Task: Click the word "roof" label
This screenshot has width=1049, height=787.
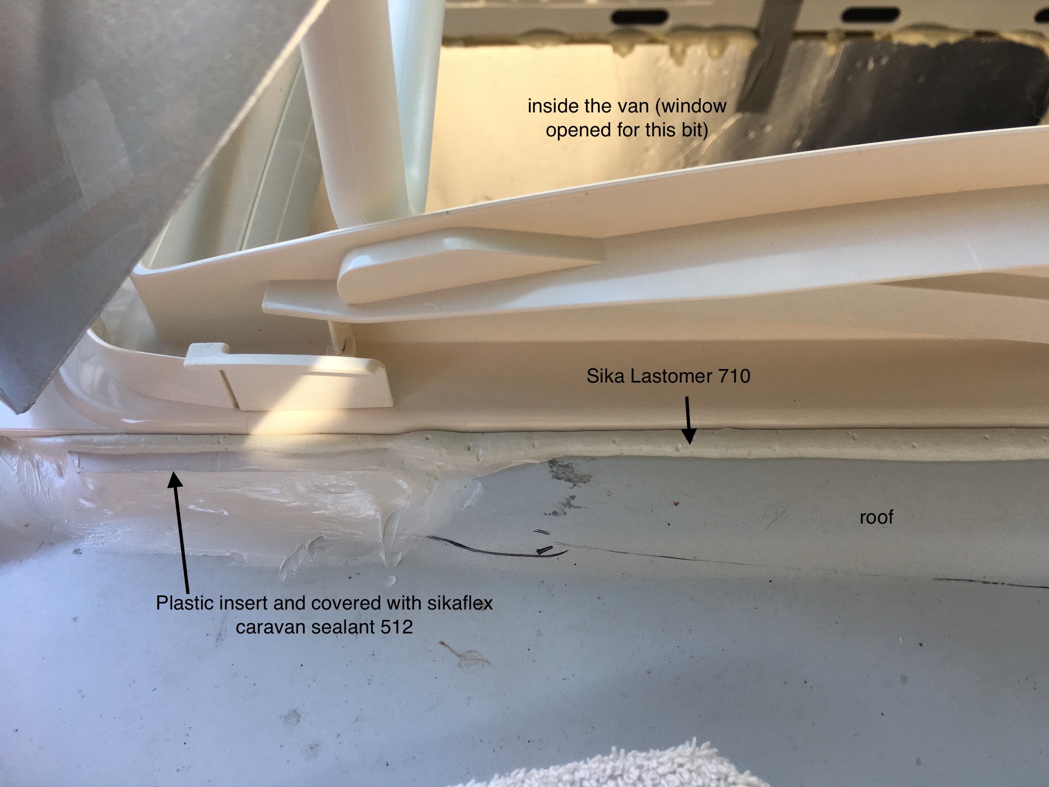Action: coord(876,517)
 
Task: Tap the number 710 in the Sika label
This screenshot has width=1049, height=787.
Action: coord(733,375)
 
